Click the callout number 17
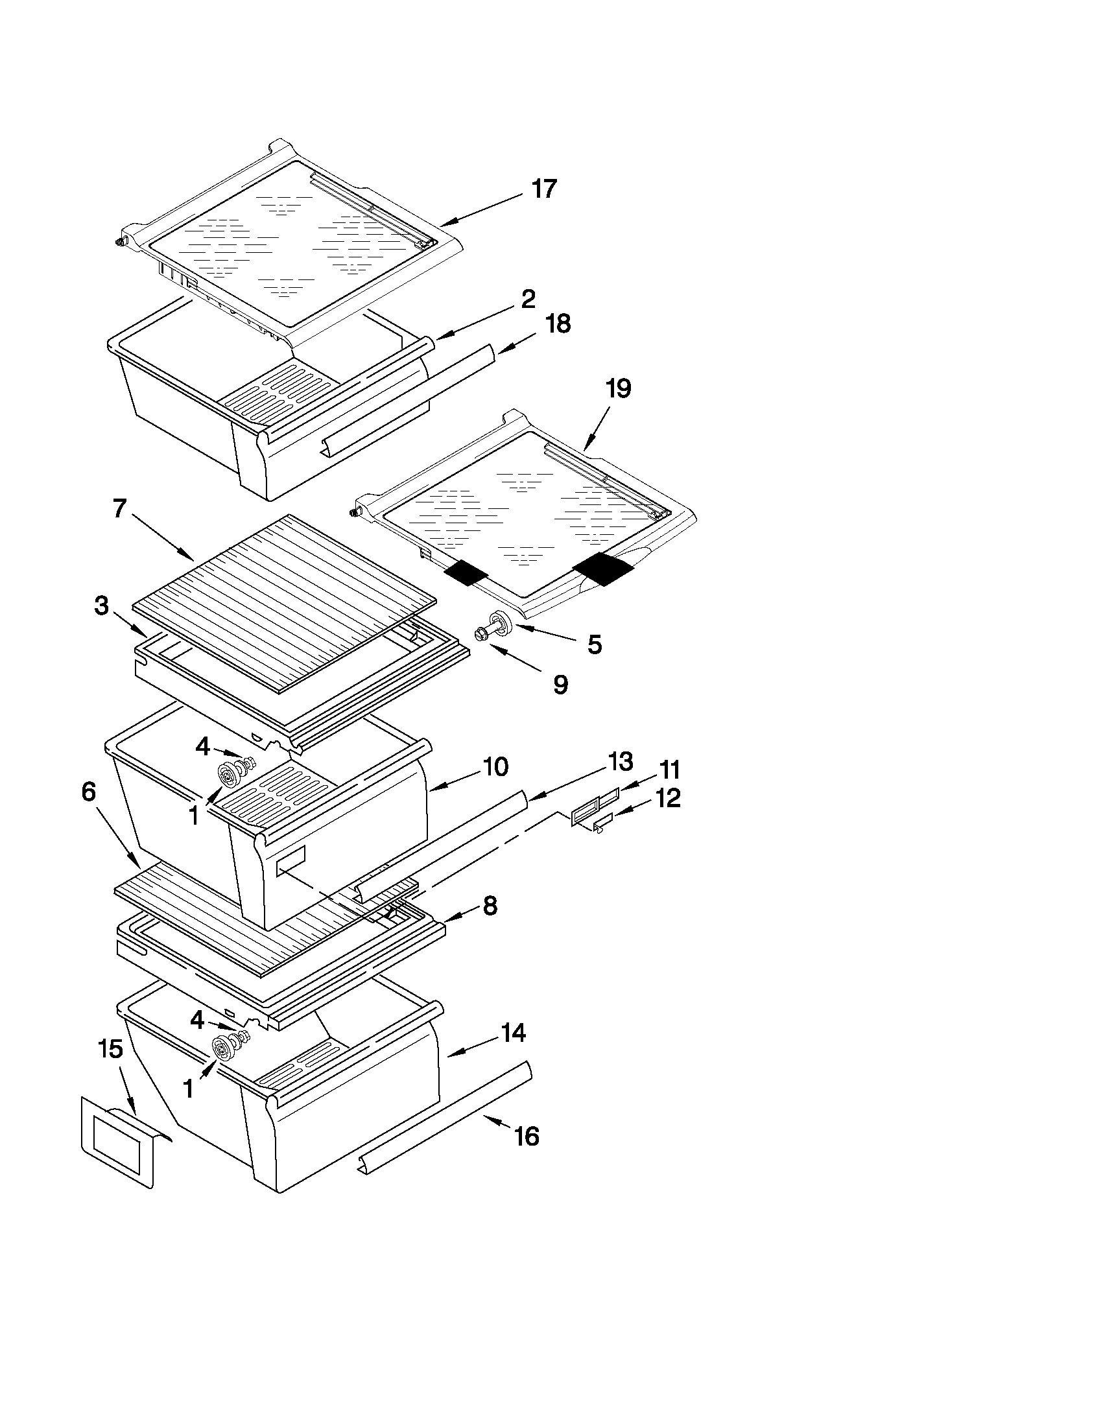tap(543, 189)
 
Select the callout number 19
tap(618, 389)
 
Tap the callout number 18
tap(558, 324)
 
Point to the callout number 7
tap(119, 508)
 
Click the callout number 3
tap(101, 606)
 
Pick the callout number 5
tap(594, 644)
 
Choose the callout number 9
tap(560, 684)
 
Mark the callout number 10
tap(496, 766)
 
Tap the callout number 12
tap(668, 798)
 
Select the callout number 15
tap(110, 1050)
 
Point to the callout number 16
tap(527, 1137)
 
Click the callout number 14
tap(514, 1033)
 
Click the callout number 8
tap(490, 906)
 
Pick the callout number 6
tap(88, 792)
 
